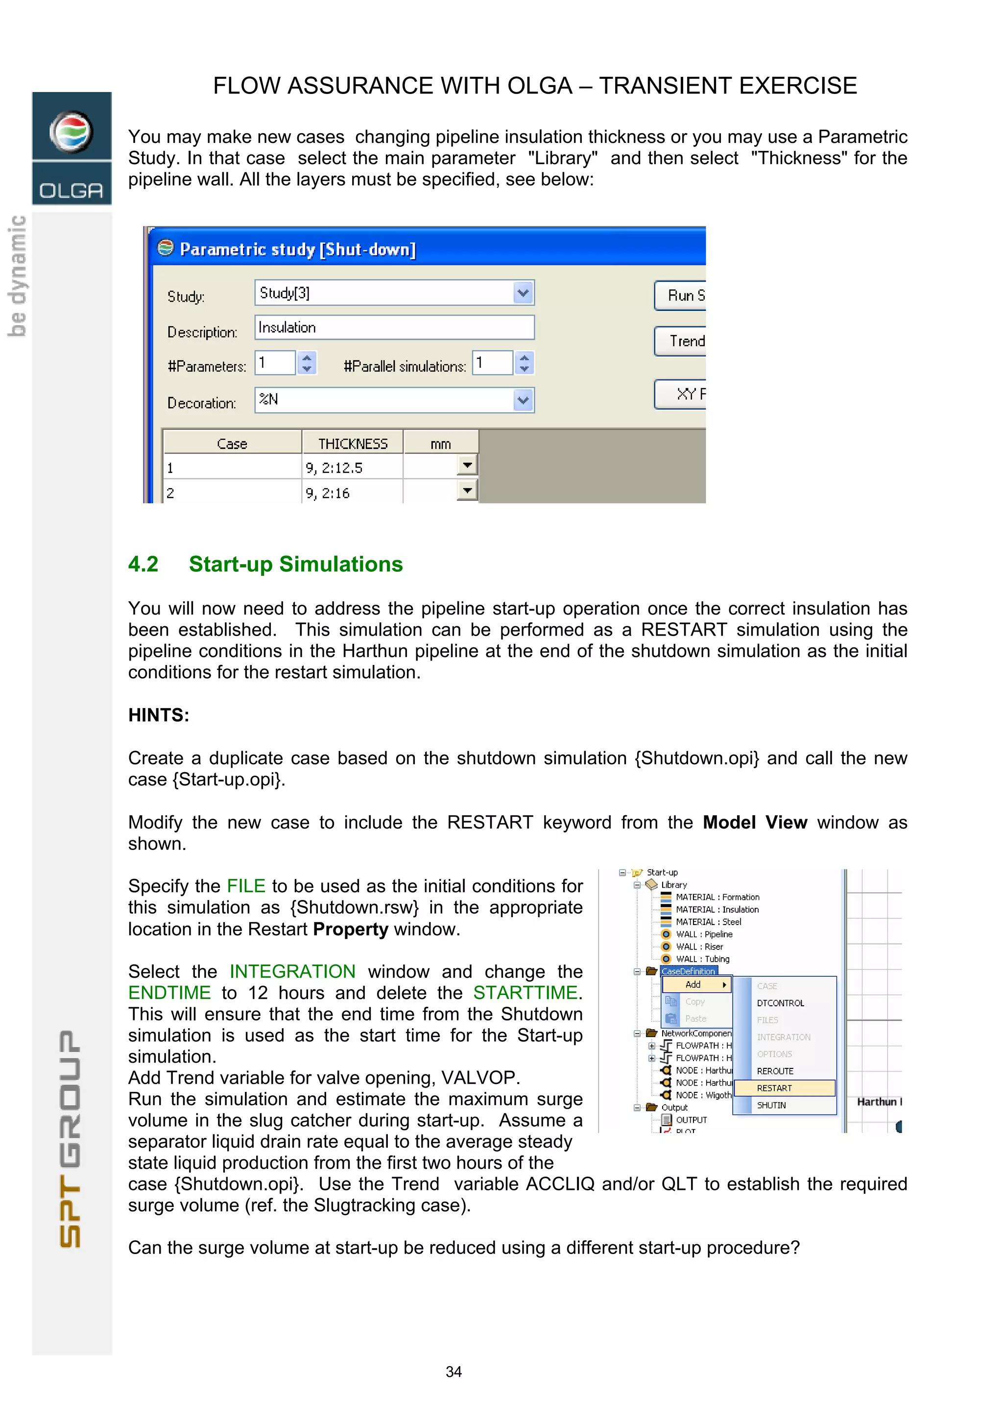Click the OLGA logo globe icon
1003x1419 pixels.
pyautogui.click(x=71, y=132)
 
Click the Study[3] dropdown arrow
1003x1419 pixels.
pyautogui.click(x=523, y=293)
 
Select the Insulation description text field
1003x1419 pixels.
pyautogui.click(x=394, y=328)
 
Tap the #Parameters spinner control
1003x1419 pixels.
pyautogui.click(x=307, y=363)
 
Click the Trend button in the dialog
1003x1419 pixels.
pyautogui.click(x=681, y=341)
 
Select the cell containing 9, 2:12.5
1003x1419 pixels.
pyautogui.click(x=352, y=468)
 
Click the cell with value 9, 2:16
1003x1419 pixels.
pyautogui.click(x=352, y=493)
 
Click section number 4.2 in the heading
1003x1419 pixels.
pyautogui.click(x=143, y=564)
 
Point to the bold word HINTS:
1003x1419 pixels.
pyautogui.click(x=158, y=715)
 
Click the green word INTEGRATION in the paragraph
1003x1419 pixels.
pyautogui.click(x=292, y=971)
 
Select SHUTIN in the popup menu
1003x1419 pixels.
pyautogui.click(x=771, y=1105)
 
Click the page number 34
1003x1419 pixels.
pyautogui.click(x=454, y=1372)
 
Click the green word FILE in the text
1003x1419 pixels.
pyautogui.click(x=246, y=886)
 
